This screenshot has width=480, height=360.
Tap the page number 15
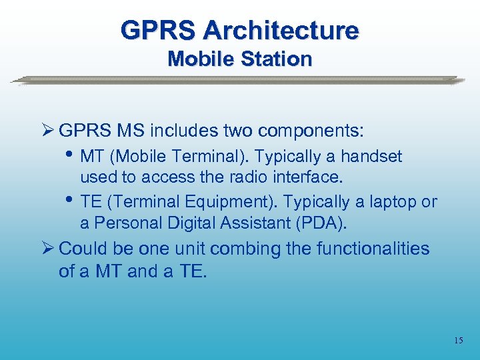458,341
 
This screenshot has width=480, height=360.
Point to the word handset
371,157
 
